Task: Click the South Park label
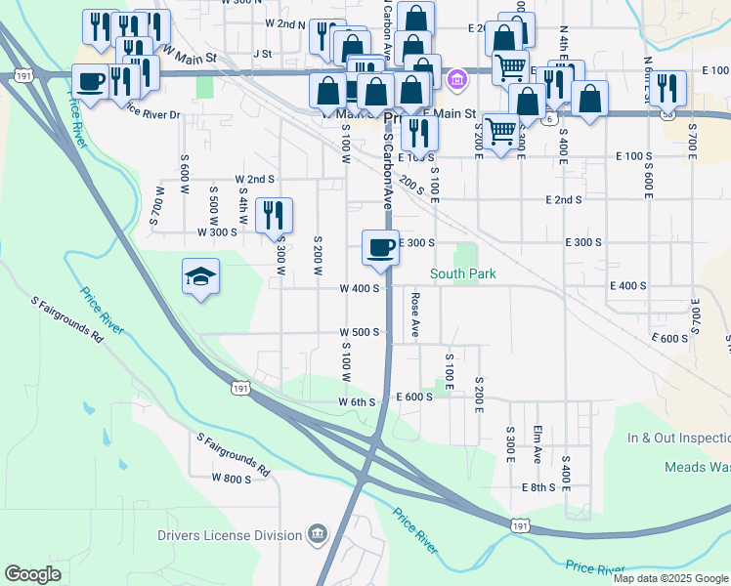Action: [464, 274]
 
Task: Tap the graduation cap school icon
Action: [200, 277]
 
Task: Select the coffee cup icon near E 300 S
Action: [380, 248]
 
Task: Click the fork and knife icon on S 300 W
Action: [274, 215]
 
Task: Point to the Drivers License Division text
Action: [230, 535]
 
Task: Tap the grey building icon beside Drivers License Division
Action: [317, 535]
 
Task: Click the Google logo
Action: [32, 574]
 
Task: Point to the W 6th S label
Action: [357, 402]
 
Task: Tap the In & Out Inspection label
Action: [678, 439]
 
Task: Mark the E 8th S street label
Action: [538, 486]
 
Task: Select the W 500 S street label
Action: [359, 332]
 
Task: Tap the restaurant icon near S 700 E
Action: [669, 88]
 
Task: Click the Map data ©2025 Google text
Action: [670, 578]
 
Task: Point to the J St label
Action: [261, 53]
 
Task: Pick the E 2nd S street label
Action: [563, 199]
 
